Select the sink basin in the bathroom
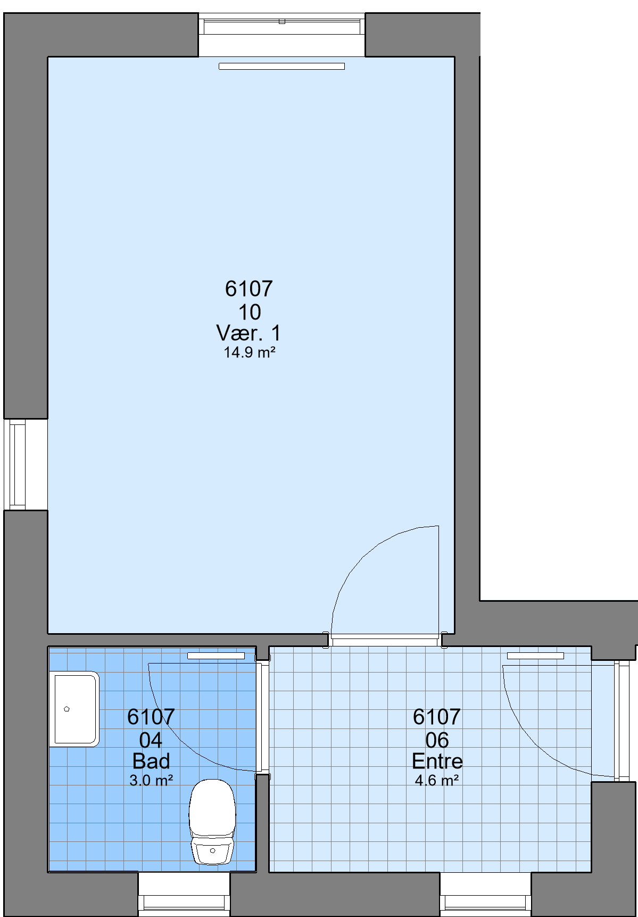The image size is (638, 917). (x=74, y=709)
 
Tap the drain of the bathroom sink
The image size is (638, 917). (x=67, y=709)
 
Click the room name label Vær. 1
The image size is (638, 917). (x=248, y=333)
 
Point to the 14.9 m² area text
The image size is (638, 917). (x=249, y=352)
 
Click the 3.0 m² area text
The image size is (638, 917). (x=151, y=780)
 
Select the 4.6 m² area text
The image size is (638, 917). (x=437, y=780)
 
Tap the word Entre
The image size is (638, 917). (x=437, y=761)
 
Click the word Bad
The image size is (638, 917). (x=151, y=761)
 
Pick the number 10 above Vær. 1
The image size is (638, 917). (x=250, y=312)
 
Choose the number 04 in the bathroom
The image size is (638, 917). (x=151, y=740)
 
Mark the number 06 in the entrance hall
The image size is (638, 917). (x=437, y=740)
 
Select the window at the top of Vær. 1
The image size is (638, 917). (x=281, y=34)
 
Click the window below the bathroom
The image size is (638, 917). (x=184, y=894)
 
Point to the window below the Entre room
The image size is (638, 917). (x=485, y=894)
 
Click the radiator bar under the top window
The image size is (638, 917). (x=281, y=66)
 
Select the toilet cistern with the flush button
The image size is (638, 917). (x=212, y=851)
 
